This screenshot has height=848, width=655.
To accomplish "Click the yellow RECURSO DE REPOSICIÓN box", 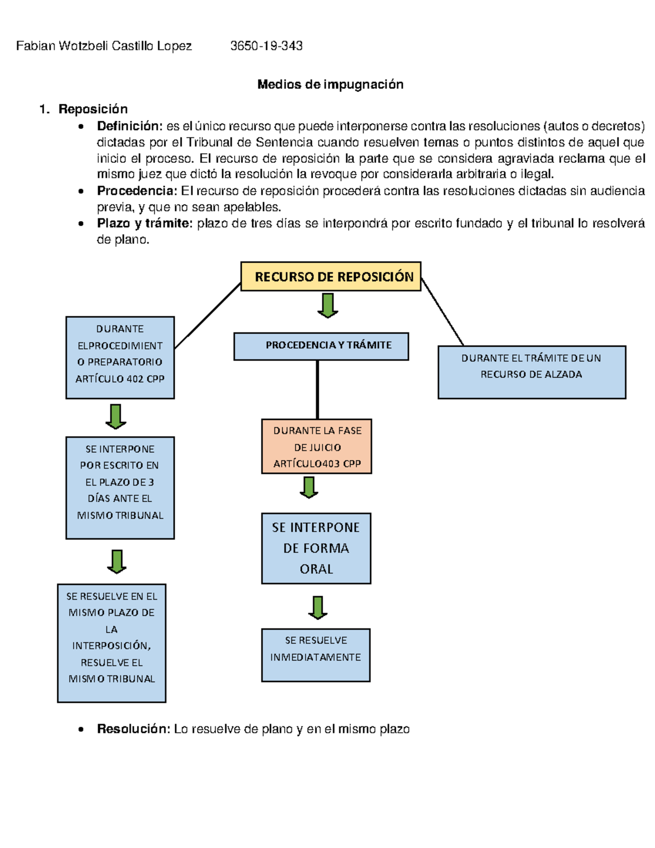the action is [x=330, y=276].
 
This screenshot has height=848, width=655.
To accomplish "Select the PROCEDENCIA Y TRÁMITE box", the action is [x=321, y=346].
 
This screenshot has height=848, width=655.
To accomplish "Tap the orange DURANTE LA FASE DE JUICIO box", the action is [x=317, y=447].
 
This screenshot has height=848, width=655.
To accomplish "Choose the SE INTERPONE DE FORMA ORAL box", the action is [x=316, y=548].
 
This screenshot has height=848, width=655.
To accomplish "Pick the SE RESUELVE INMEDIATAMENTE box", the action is [x=315, y=655].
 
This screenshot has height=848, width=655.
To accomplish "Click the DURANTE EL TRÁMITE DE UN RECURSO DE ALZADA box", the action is [x=532, y=372].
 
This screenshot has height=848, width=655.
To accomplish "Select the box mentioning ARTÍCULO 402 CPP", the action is [x=120, y=358].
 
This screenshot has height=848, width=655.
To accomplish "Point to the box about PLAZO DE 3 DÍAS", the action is [x=120, y=488].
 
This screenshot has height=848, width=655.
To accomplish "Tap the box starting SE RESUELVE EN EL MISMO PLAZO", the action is [x=111, y=643].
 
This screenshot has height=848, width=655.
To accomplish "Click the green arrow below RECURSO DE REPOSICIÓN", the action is [x=327, y=306].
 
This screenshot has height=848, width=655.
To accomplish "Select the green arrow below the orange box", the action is [x=309, y=488].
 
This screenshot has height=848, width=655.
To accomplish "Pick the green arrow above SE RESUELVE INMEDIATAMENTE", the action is [x=318, y=608].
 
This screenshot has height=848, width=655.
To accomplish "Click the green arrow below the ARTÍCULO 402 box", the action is [x=116, y=417].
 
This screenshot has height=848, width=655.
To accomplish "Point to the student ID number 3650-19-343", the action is [x=266, y=46].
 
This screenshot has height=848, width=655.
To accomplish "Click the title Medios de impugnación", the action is [x=330, y=84].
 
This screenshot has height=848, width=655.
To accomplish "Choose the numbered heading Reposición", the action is [x=93, y=109].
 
